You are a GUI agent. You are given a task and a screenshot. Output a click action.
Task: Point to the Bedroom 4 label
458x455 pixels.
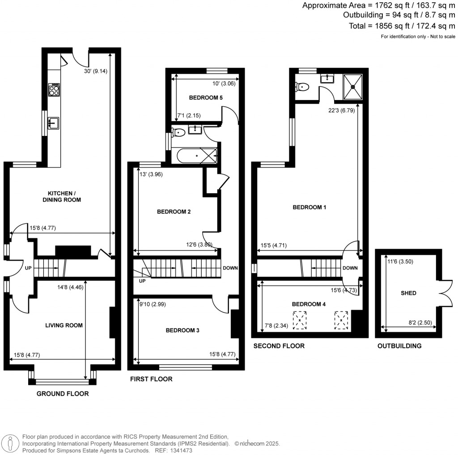(309, 304)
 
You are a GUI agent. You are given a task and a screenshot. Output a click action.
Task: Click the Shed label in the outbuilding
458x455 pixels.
(408, 293)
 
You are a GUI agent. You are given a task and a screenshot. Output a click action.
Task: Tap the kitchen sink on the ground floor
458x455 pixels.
(54, 122)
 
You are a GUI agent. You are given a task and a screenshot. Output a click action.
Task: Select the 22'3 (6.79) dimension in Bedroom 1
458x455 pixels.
(341, 110)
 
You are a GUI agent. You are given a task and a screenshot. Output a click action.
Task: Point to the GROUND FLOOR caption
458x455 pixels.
(63, 394)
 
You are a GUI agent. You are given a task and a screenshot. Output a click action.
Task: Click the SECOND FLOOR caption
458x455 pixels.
(279, 346)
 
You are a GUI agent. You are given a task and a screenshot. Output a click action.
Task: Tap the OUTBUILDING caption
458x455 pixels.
(399, 346)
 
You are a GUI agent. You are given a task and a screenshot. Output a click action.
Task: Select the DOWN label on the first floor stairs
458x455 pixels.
(230, 268)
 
